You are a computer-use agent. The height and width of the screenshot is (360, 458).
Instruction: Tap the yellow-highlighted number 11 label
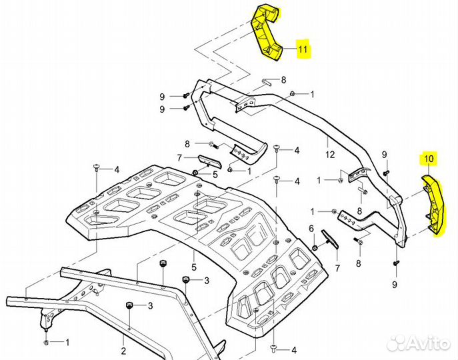pyautogui.click(x=303, y=49)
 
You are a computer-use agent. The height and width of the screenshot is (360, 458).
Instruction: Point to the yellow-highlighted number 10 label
pyautogui.click(x=427, y=159)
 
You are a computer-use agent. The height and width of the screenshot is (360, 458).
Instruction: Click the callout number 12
pyautogui.click(x=329, y=155)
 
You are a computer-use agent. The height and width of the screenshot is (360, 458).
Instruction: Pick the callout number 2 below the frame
pyautogui.click(x=123, y=349)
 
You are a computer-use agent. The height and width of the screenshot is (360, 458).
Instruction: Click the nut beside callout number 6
pyautogui.click(x=314, y=248)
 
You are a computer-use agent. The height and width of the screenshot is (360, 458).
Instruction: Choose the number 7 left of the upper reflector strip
pyautogui.click(x=179, y=157)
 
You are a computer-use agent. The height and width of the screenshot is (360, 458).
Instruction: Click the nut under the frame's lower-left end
pyautogui.click(x=45, y=342)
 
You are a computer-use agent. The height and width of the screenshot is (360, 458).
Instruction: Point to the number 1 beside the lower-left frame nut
pyautogui.click(x=67, y=343)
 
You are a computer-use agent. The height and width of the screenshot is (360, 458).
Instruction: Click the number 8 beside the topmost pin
pyautogui.click(x=283, y=79)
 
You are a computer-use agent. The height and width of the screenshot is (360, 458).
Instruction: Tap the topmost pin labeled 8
pyautogui.click(x=267, y=83)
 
